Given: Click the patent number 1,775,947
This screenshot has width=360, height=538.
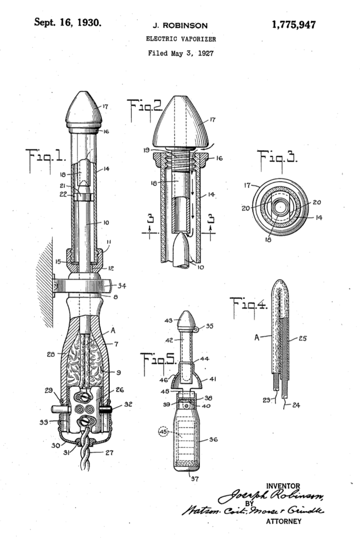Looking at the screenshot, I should (294, 25).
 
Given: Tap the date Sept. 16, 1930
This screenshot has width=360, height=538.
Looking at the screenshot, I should (67, 23).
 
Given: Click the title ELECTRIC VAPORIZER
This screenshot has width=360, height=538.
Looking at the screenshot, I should (180, 39).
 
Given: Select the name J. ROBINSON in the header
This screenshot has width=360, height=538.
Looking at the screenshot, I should (180, 25).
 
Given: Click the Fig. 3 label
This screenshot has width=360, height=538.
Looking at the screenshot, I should (276, 157).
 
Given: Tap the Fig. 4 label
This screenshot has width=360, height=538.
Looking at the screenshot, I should (249, 305).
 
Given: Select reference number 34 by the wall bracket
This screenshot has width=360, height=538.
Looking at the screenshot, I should (122, 286).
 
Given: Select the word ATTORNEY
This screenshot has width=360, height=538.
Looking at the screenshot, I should (284, 521).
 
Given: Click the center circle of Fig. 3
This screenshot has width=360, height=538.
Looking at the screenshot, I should (280, 207).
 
